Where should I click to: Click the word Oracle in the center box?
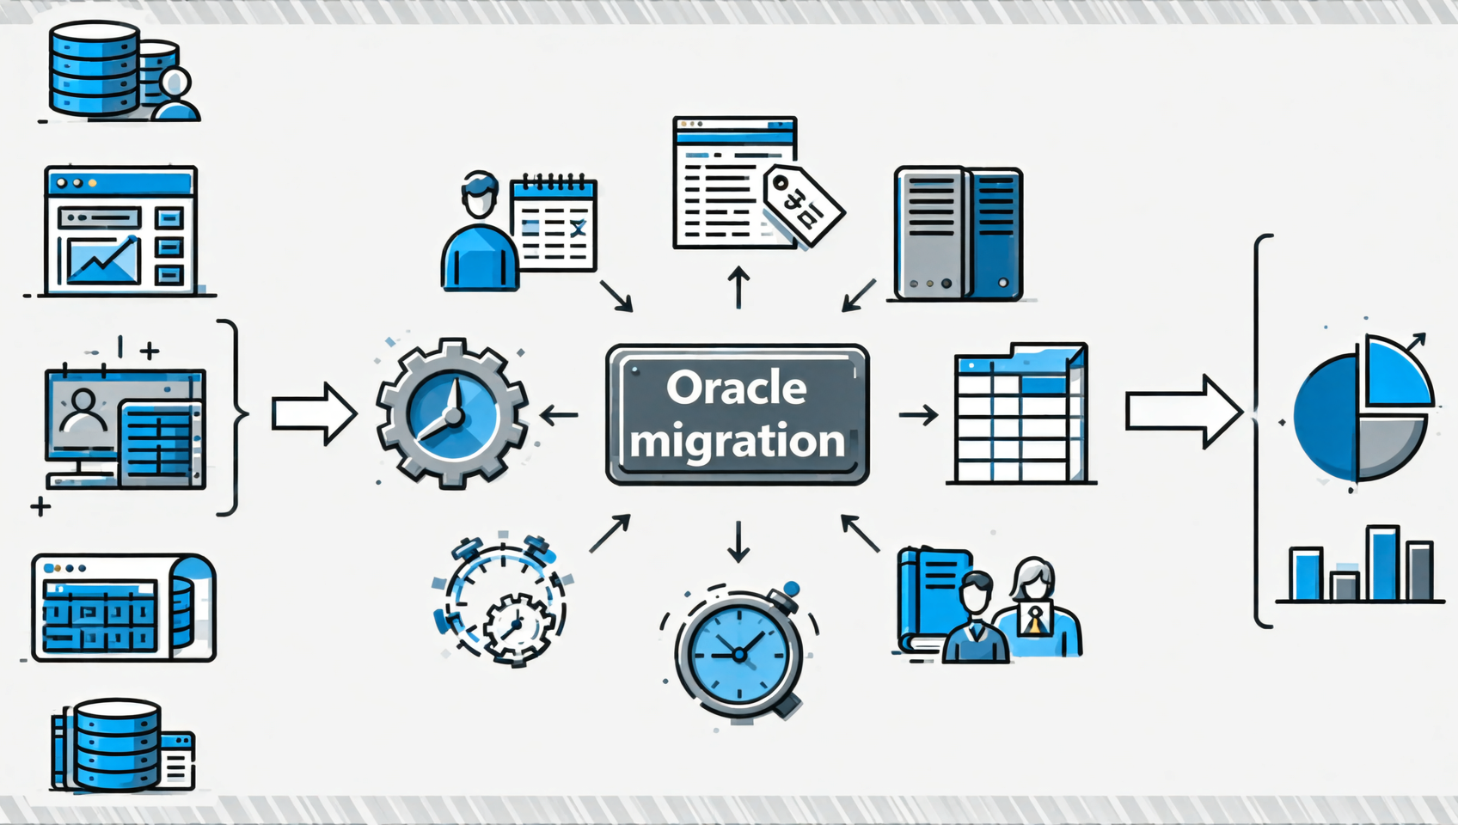tap(737, 388)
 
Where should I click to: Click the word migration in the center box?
tap(737, 441)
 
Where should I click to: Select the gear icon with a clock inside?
tap(452, 413)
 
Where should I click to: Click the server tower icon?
tap(958, 234)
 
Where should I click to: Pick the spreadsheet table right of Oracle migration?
tap(1020, 414)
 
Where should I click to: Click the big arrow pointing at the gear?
tap(314, 414)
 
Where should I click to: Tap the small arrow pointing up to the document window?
tap(738, 286)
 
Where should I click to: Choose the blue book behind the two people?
tap(928, 597)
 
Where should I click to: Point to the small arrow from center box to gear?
tap(559, 416)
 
